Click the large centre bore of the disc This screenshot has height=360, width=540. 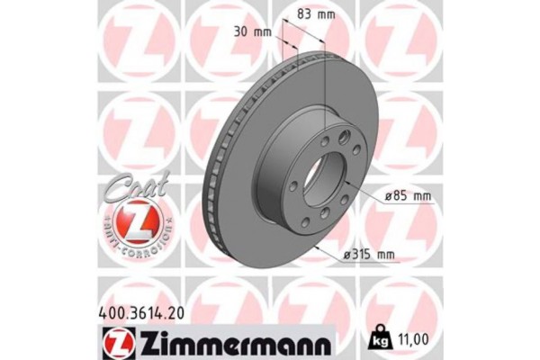(328, 180)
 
